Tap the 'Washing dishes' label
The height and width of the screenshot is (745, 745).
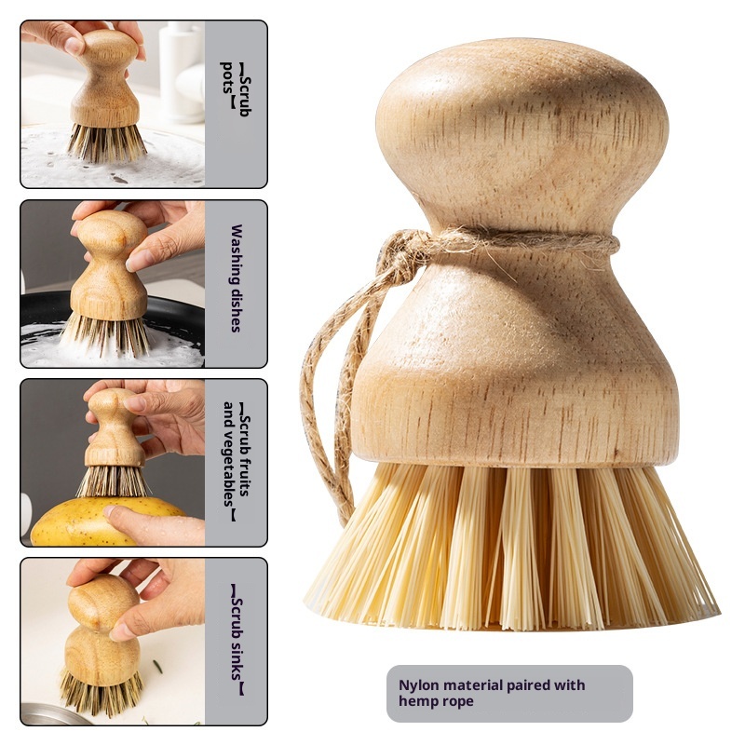(x=237, y=278)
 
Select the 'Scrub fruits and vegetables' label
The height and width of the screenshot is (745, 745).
(x=237, y=461)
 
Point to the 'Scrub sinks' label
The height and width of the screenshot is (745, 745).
(x=237, y=640)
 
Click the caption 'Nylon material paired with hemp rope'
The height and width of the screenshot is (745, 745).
(x=492, y=693)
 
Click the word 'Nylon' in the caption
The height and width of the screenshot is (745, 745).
(x=419, y=685)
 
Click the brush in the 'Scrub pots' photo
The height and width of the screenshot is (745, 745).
(x=106, y=95)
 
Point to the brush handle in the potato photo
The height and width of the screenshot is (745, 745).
(x=114, y=427)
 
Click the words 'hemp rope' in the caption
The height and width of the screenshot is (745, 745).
(x=436, y=701)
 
